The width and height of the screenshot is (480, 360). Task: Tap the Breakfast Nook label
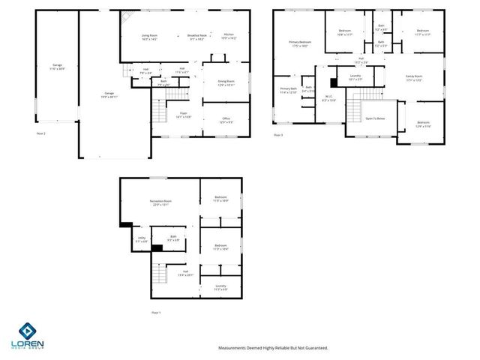199,36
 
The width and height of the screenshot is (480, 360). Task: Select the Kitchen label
229,36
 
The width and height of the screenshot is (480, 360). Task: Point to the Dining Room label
226,82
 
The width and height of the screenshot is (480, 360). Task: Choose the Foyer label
183,115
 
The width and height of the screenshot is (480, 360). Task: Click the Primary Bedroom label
299,43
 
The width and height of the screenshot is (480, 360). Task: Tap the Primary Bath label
288,90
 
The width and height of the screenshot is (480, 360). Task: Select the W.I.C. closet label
328,96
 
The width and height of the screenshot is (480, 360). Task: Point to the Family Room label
414,77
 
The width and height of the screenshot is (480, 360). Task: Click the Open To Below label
375,118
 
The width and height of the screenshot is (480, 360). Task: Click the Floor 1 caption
156,312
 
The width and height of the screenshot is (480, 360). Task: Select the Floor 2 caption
40,133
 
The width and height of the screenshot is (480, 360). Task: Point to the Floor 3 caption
277,134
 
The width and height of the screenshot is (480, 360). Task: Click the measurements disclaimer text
273,347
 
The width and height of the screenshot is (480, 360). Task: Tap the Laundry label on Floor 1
220,286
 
